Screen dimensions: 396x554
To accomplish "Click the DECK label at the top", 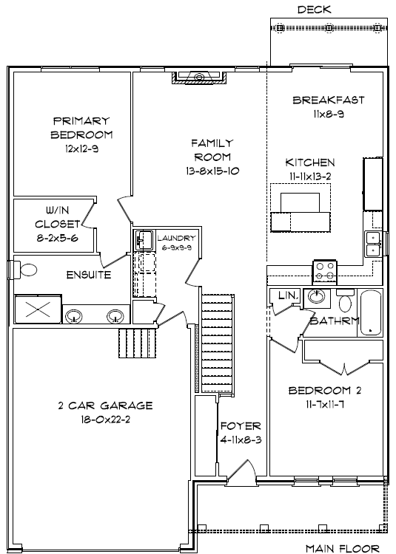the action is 315,10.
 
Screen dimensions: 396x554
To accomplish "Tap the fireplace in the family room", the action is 199,78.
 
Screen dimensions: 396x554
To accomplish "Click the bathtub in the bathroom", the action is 371,313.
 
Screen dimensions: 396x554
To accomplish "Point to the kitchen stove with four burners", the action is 325,271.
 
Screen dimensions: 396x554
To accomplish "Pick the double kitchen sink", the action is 372,244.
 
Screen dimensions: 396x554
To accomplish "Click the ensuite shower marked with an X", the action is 38,310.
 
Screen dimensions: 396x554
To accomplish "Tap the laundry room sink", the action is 144,239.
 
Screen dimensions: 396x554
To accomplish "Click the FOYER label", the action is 241,425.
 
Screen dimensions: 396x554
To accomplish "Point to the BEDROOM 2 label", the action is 325,391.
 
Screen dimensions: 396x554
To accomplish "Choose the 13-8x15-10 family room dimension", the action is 212,171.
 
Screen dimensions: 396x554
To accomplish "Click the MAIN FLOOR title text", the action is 343,548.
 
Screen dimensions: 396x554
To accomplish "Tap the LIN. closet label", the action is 289,295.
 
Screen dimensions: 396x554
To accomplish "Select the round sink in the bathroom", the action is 315,296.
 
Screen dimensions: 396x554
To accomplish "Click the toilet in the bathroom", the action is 345,300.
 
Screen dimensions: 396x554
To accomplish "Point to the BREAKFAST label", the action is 329,100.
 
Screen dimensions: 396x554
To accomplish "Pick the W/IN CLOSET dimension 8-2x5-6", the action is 57,238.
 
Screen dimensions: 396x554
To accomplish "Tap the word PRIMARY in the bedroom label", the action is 81,121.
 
